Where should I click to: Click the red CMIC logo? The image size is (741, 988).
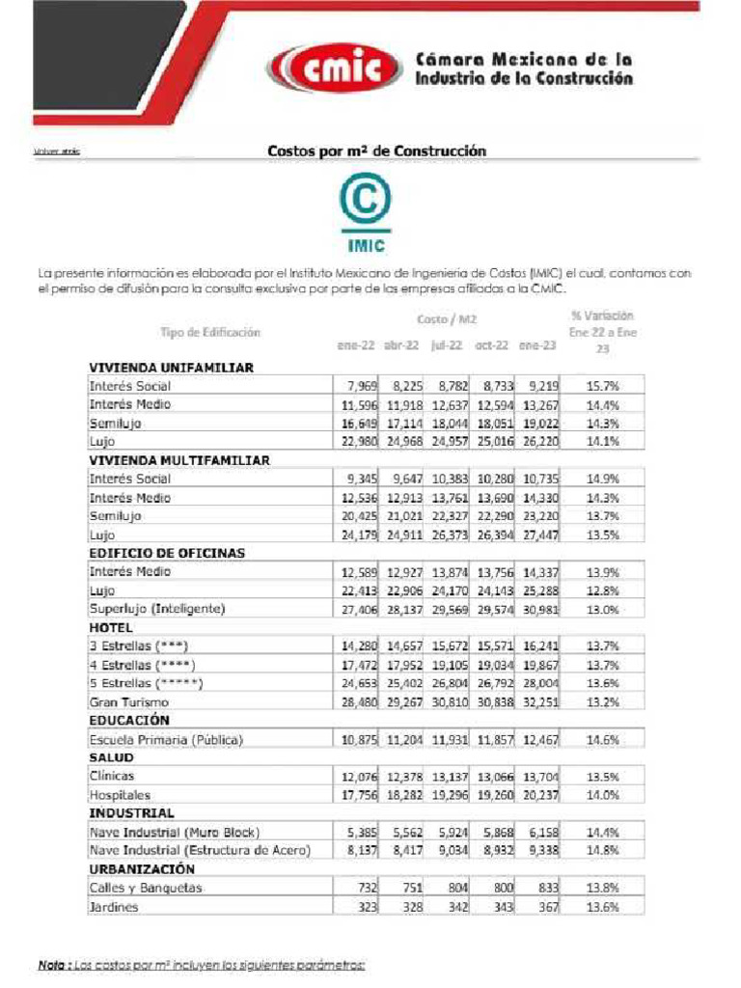click(336, 68)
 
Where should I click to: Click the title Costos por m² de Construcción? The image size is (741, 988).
click(376, 151)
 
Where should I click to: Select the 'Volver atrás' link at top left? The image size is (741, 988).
click(56, 151)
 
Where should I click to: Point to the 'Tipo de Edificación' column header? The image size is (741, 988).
click(210, 332)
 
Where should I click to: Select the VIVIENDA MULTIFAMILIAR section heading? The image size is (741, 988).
click(178, 460)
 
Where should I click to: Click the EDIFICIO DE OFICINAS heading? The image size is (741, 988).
click(167, 553)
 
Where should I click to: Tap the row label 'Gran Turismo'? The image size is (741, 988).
click(129, 702)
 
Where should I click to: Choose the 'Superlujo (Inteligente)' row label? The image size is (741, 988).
click(156, 609)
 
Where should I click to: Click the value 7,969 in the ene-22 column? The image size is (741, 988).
click(358, 386)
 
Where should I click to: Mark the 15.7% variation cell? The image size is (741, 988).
click(603, 386)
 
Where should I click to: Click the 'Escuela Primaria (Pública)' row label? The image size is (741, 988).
click(166, 739)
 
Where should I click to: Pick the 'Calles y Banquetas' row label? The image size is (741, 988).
click(146, 888)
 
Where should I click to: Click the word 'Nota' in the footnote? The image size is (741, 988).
click(50, 965)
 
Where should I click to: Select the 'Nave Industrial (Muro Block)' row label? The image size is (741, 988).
click(175, 832)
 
